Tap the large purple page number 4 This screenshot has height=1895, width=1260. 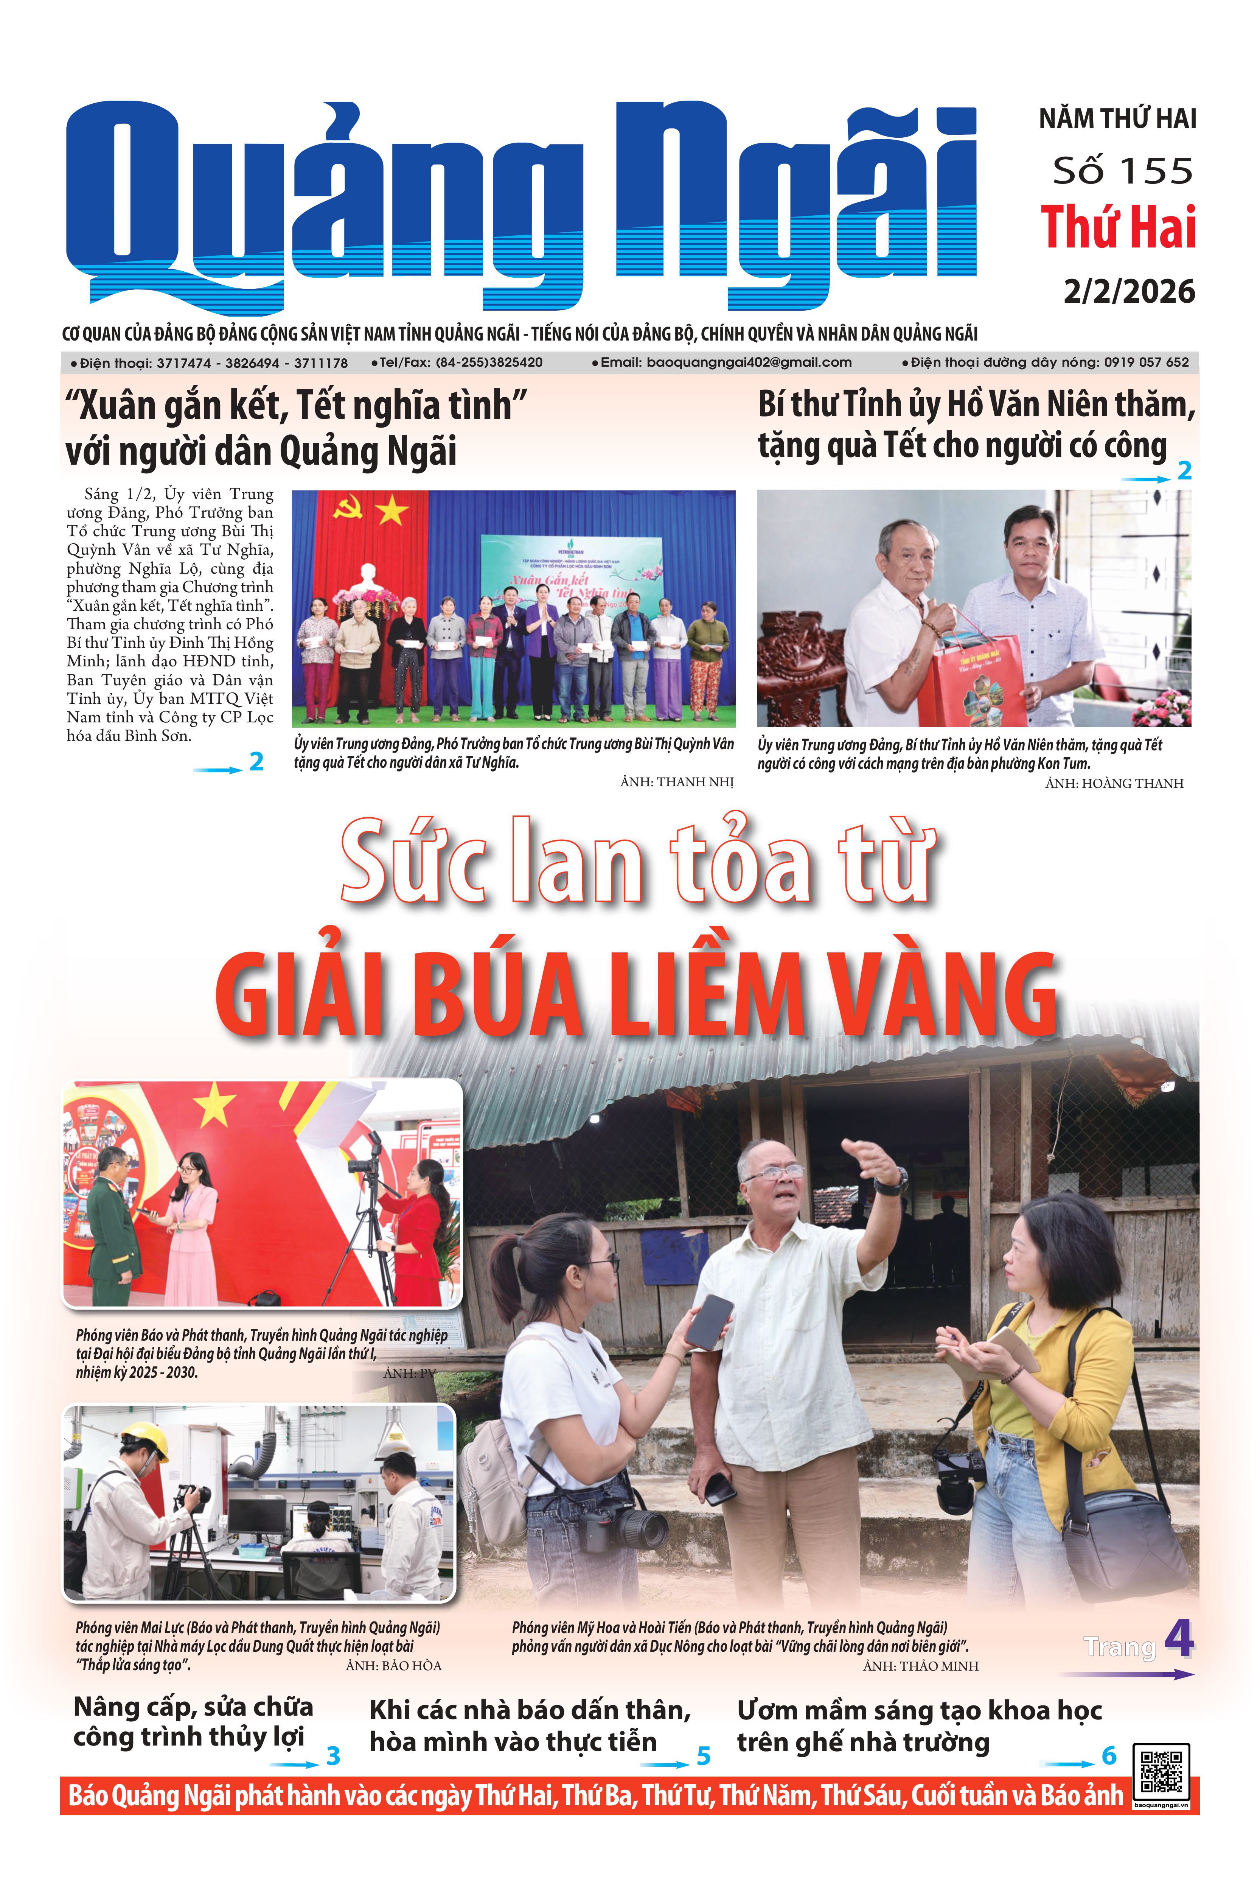tap(1178, 1638)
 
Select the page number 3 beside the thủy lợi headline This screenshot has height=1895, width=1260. tap(332, 1756)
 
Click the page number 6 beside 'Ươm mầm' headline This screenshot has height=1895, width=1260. tap(1109, 1756)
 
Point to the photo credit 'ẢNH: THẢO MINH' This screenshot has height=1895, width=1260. tap(920, 1666)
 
